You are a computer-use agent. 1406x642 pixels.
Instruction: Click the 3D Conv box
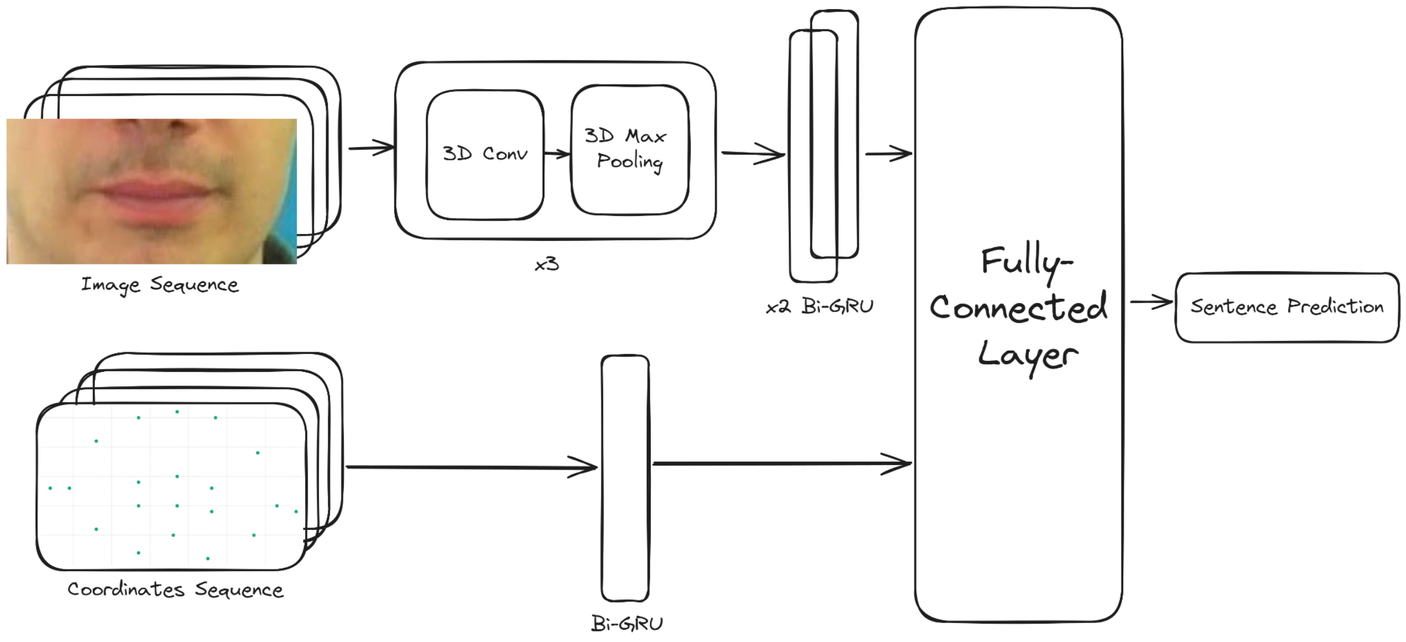coord(485,154)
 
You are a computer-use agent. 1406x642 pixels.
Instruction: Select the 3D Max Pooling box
coord(629,149)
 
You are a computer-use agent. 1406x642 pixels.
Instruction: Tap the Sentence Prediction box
coord(1286,307)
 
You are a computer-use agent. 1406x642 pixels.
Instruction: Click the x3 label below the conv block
coord(547,264)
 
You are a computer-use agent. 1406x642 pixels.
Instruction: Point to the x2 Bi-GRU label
coord(820,306)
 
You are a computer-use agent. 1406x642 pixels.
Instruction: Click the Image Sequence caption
coord(160,285)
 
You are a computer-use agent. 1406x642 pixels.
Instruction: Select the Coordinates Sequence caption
coord(175,590)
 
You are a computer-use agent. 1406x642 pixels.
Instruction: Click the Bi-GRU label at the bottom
coord(627,623)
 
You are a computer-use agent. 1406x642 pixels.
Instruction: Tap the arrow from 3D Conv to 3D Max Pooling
coord(556,153)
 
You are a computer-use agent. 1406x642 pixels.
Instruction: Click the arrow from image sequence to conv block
coord(371,148)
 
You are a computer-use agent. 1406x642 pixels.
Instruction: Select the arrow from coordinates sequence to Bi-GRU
coord(471,467)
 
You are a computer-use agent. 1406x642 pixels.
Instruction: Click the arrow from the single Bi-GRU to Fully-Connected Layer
coord(782,463)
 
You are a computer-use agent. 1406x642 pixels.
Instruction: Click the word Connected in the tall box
coord(1018,308)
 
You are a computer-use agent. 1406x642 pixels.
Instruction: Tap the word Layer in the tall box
coord(1027,355)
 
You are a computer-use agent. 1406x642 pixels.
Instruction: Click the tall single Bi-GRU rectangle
coord(625,477)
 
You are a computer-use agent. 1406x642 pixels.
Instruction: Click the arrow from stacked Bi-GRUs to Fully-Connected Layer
coord(888,153)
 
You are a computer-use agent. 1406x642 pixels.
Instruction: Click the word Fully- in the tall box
coord(1026,262)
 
